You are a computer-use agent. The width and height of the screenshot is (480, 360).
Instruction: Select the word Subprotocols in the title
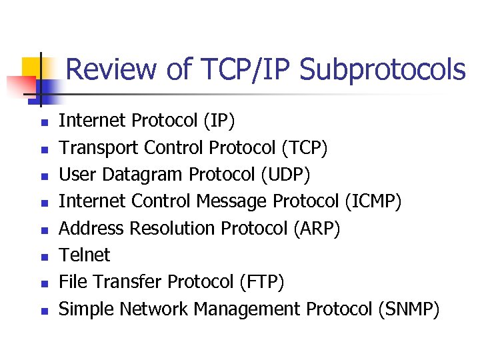click(x=382, y=69)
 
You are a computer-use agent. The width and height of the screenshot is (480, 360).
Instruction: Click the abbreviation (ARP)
click(x=317, y=229)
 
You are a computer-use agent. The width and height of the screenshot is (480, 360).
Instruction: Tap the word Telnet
click(x=85, y=255)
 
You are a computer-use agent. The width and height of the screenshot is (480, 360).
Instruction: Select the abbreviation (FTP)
click(x=261, y=283)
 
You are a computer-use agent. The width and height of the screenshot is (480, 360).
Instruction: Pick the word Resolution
click(x=173, y=229)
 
